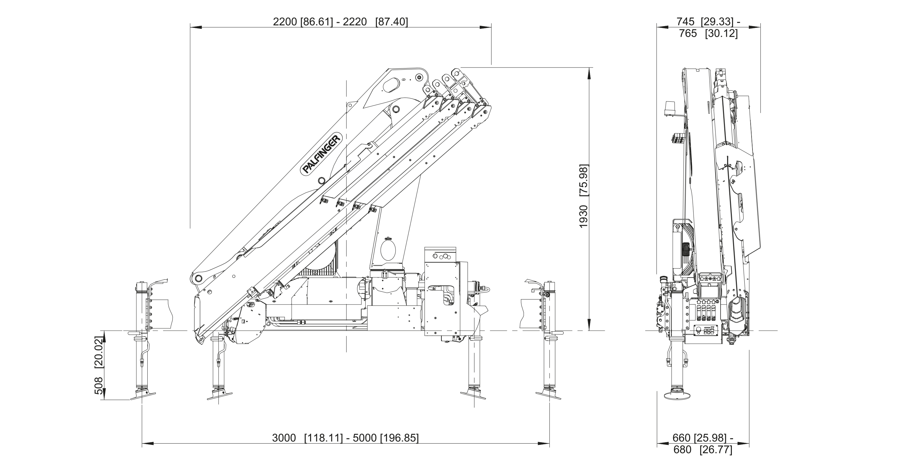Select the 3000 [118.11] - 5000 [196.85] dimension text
click(x=345, y=438)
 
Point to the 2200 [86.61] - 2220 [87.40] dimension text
click(x=341, y=22)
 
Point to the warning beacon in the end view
click(x=669, y=109)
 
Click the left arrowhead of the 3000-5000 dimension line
click(x=147, y=444)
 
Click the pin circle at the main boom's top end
click(x=419, y=77)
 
